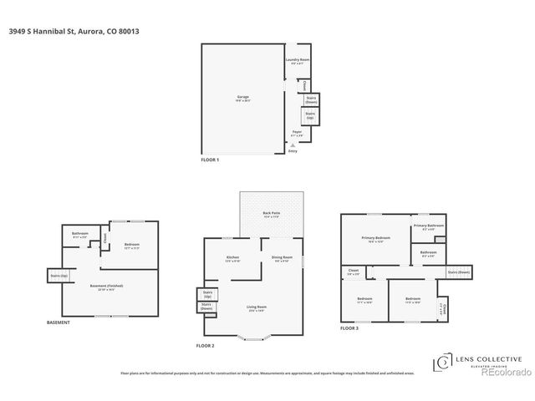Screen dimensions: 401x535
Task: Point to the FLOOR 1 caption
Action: (x=210, y=160)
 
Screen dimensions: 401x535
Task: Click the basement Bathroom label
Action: (x=80, y=234)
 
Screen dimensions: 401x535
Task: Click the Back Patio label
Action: (x=272, y=215)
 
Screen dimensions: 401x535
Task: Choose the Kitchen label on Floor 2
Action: (x=234, y=257)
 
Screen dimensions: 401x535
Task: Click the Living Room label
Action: (x=255, y=308)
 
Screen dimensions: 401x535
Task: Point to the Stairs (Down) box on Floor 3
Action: (x=459, y=272)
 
